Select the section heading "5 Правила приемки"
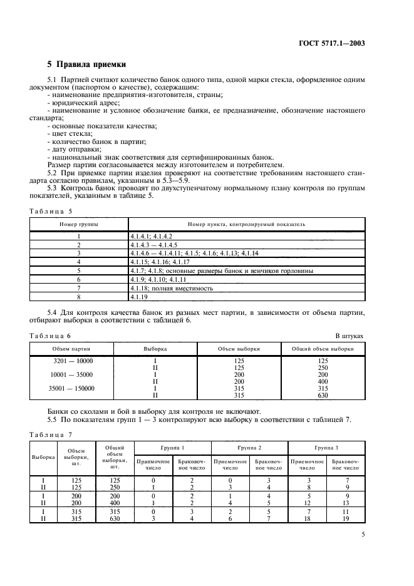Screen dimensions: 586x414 click(x=87, y=64)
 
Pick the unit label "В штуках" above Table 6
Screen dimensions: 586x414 click(x=349, y=336)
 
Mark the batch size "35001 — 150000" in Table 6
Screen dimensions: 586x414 click(x=73, y=388)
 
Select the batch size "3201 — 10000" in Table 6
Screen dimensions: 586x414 click(x=73, y=361)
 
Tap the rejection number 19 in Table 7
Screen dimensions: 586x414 click(x=345, y=519)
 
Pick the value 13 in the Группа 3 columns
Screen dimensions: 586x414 click(x=345, y=501)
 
